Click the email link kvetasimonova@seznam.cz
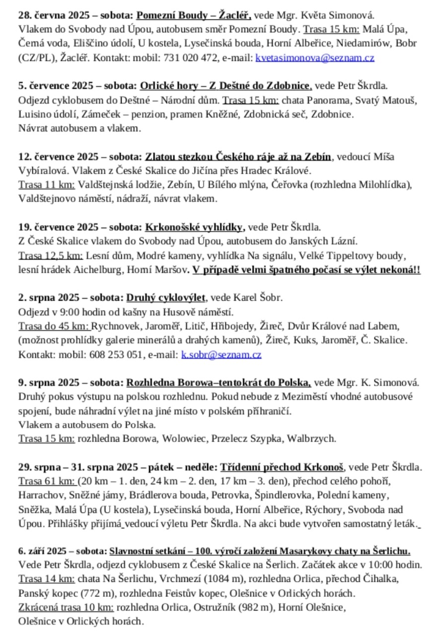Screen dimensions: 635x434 [315, 58]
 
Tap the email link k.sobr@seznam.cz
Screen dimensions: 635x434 [221, 355]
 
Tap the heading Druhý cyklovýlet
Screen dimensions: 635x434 [166, 298]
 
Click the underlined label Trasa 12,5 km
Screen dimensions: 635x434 [50, 256]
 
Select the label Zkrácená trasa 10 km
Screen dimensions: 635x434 [66, 607]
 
